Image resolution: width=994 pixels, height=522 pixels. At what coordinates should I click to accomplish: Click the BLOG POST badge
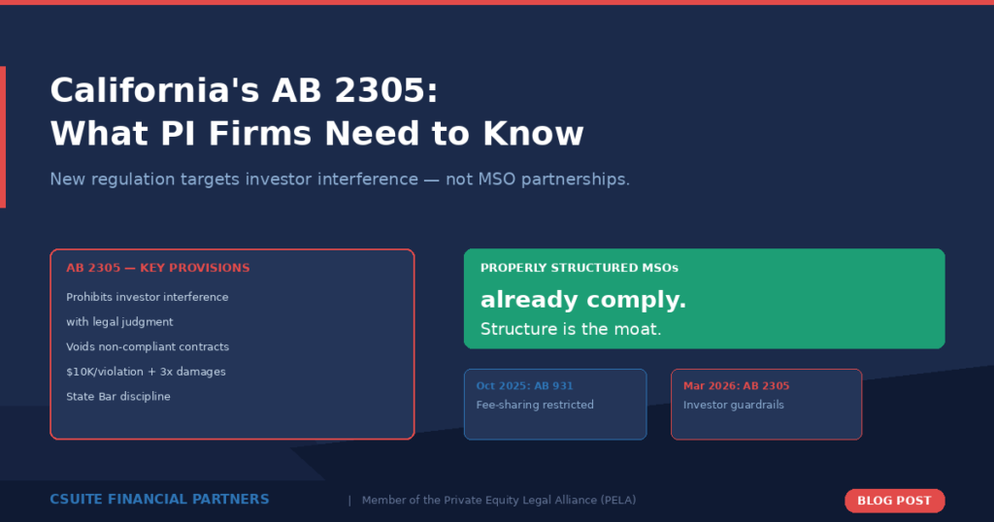click(894, 501)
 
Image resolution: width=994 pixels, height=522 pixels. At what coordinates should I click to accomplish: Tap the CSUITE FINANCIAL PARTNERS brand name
click(159, 500)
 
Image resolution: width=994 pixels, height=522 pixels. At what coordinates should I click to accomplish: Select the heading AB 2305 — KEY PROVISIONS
click(157, 268)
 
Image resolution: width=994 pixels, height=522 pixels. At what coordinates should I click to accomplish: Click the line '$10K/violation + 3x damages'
click(146, 372)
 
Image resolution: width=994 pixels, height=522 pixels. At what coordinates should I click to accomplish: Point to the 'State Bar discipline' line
click(117, 397)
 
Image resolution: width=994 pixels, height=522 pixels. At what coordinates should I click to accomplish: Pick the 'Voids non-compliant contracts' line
click(148, 346)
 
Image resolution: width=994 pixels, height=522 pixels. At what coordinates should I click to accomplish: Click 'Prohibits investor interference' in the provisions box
click(147, 297)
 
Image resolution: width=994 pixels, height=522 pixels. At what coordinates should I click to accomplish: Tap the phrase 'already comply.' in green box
click(582, 301)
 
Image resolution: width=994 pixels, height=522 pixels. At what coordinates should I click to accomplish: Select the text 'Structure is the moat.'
click(571, 330)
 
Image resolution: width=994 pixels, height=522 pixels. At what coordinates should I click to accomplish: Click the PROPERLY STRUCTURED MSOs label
click(579, 268)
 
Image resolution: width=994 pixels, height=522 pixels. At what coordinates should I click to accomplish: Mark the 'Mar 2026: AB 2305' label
click(736, 386)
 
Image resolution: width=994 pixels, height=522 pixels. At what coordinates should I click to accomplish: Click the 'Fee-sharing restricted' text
click(534, 405)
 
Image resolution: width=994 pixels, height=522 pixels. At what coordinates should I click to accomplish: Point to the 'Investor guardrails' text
click(733, 405)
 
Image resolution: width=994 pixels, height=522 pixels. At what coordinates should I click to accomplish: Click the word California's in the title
click(153, 90)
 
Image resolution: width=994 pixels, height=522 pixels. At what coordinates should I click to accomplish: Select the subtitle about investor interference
click(340, 179)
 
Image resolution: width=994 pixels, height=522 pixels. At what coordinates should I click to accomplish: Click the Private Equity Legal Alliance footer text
click(499, 501)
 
